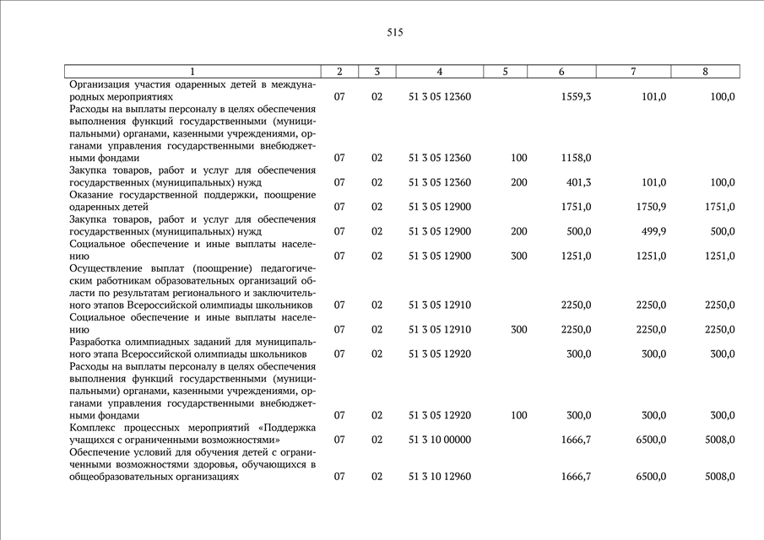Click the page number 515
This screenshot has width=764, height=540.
[x=395, y=32]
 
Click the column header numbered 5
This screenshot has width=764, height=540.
[x=505, y=72]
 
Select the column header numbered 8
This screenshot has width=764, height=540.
[x=705, y=72]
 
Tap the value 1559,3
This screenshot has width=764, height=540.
[x=576, y=97]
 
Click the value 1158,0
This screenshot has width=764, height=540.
[x=576, y=158]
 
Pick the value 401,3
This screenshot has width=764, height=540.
[x=578, y=182]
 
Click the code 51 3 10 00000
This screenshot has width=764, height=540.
[x=439, y=440]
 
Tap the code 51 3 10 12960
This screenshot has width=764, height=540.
[x=439, y=477]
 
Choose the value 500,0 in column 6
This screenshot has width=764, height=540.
[x=578, y=231]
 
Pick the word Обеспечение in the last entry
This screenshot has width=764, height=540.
[x=100, y=452]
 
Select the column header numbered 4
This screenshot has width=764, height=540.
[x=439, y=72]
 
